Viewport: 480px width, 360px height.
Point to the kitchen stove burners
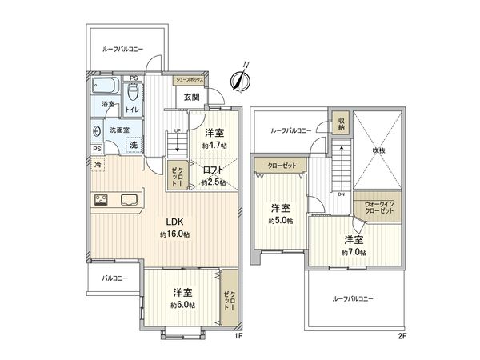(x=102, y=201)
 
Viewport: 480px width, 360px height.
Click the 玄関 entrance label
(x=191, y=97)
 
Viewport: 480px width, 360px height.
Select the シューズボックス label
(x=190, y=81)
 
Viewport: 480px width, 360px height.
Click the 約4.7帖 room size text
(x=214, y=146)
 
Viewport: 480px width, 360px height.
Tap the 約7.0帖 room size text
(x=355, y=252)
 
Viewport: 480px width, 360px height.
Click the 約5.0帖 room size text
(x=280, y=220)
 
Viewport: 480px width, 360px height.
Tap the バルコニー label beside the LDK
(x=114, y=278)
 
